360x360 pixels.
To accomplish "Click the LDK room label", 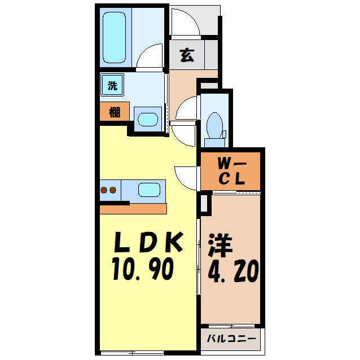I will coord(148,243).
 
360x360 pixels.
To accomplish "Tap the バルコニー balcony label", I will coord(231,340).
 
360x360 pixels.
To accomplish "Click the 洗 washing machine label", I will coord(113,86).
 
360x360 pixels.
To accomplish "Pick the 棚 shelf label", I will coord(115,112).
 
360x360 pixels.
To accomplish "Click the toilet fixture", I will coord(214,124).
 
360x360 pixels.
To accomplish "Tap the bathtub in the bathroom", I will coord(114,37).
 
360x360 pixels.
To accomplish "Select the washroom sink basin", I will coord(148,119).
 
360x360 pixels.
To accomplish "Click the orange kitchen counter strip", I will coord(133,209).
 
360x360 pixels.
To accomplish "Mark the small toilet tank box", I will coord(224,134).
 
